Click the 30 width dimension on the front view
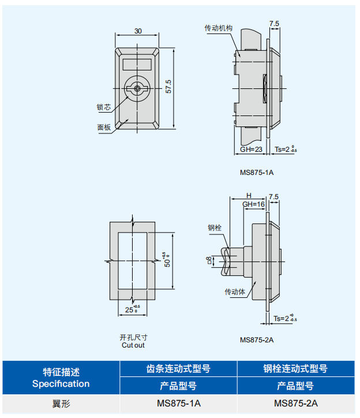138,31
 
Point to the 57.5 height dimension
168,87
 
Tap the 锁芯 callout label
104,107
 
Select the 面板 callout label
104,128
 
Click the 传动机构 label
218,28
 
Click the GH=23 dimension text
251,150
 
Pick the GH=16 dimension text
253,204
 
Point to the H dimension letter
249,196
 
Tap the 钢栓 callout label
215,227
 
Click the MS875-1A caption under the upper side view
257,172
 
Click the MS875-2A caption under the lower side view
257,340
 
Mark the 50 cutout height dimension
166,261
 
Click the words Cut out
133,345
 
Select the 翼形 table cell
61,404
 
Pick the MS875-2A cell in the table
296,404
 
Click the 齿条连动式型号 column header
178,368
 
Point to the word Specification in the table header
61,384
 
